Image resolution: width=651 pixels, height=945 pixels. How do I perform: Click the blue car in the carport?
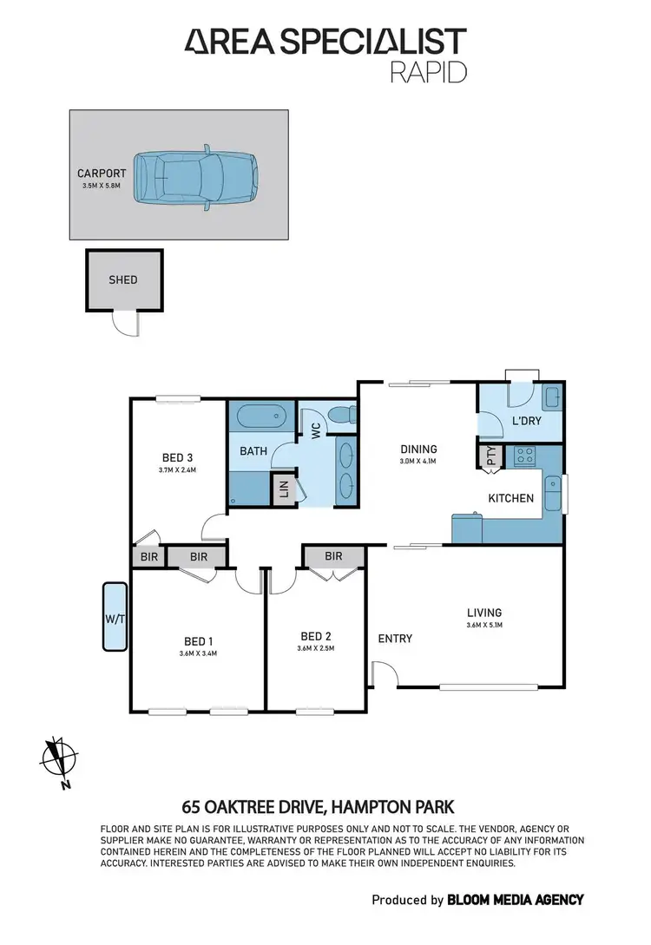click(x=197, y=177)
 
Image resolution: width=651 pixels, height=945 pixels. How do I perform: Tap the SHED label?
click(x=123, y=279)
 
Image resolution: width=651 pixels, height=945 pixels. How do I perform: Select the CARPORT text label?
click(x=102, y=173)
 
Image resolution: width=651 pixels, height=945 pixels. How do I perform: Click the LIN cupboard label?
click(x=283, y=491)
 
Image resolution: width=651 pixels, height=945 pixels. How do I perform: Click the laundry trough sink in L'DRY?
click(x=551, y=400)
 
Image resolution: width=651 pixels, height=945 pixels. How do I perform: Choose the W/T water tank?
click(x=114, y=617)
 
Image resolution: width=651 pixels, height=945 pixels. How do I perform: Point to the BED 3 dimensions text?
click(x=177, y=470)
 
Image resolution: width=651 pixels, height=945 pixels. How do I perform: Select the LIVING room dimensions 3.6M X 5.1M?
click(x=483, y=625)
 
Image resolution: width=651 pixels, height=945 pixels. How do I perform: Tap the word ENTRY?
click(x=395, y=639)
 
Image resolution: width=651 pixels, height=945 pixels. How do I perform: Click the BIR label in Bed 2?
click(x=332, y=556)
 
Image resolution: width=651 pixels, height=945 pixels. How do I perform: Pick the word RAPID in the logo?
click(x=430, y=71)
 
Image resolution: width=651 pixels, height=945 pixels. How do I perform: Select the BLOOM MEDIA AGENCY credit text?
click(x=515, y=900)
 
